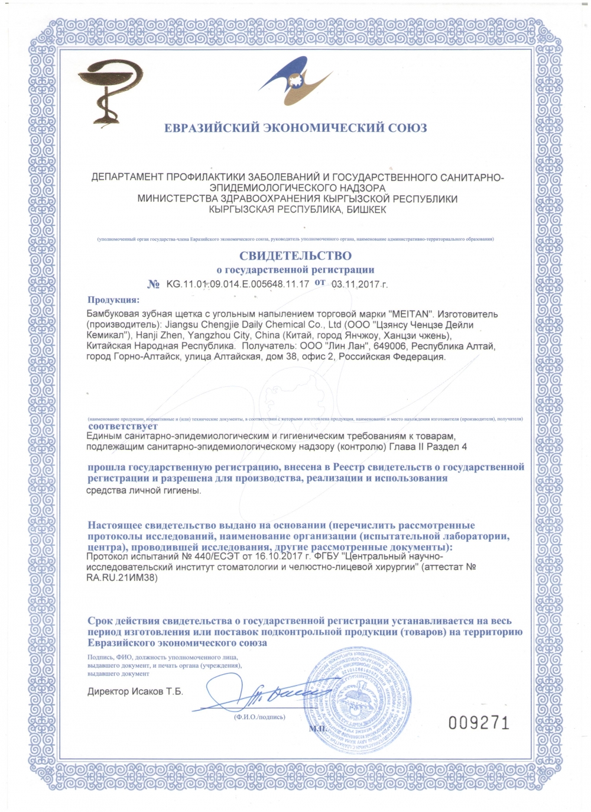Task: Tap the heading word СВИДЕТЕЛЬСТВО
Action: click(x=295, y=256)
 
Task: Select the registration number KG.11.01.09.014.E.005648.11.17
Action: click(x=238, y=284)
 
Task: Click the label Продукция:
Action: click(x=113, y=300)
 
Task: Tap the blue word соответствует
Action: click(x=123, y=426)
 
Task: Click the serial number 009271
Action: click(x=479, y=723)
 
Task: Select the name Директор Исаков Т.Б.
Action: click(x=135, y=691)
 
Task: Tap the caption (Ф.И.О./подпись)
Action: click(x=259, y=717)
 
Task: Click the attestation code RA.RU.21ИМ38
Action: click(x=122, y=578)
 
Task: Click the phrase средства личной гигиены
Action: click(x=144, y=490)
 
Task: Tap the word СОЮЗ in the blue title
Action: click(x=407, y=128)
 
